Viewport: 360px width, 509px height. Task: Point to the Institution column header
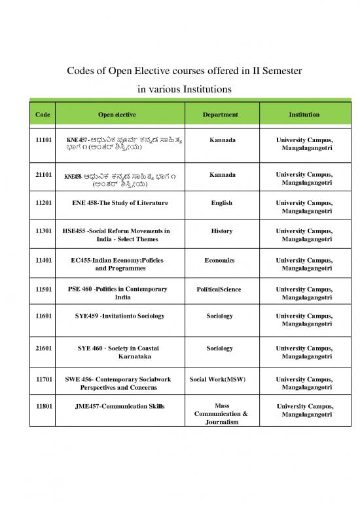pos(304,115)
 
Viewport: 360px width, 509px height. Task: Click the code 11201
pos(43,203)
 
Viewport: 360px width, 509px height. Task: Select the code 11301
pos(43,231)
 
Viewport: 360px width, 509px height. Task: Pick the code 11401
pos(43,260)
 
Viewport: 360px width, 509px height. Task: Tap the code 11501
pos(43,289)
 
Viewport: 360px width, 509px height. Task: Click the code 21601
pos(43,349)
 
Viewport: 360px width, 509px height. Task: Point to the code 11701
pos(43,379)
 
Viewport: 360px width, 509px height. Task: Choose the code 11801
pos(43,407)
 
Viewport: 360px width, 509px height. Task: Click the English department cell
pos(222,203)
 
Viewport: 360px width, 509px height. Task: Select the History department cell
pos(222,231)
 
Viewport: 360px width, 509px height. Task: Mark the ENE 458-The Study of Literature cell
pos(120,203)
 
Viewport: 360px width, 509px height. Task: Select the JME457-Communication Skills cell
pos(120,407)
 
